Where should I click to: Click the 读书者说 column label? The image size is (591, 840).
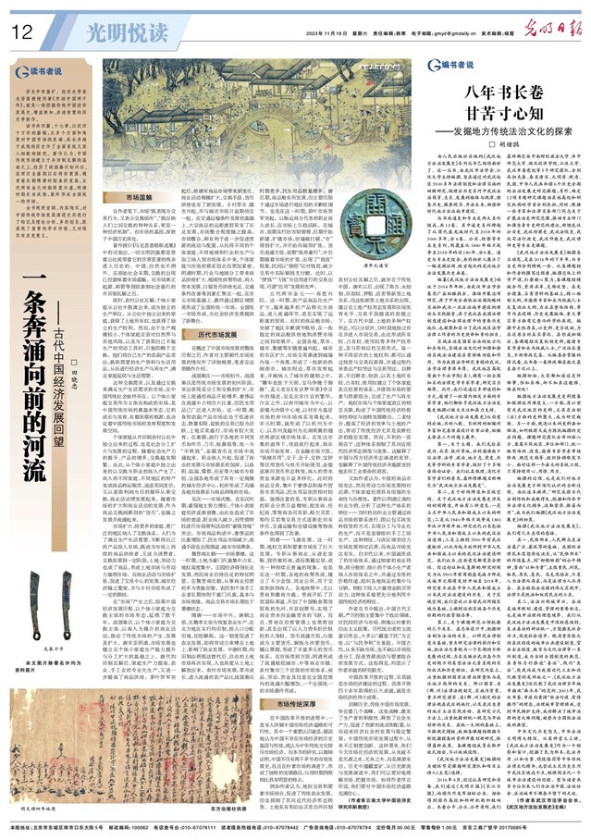pos(44,71)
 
